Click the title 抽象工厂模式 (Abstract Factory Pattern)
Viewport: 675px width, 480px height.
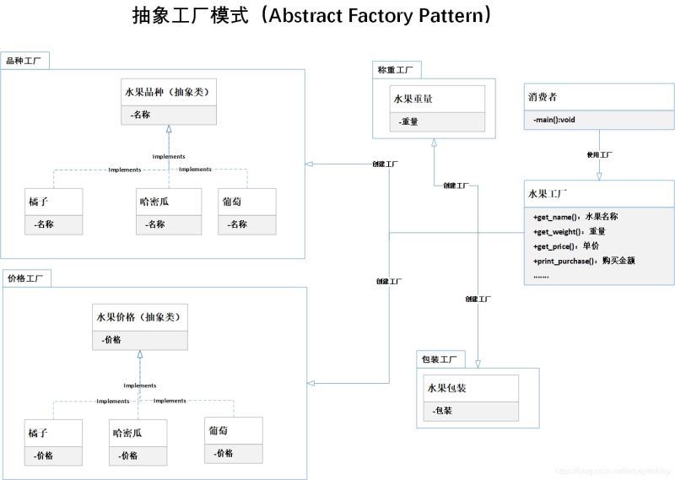tap(312, 16)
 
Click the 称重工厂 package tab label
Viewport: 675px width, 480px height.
tap(396, 69)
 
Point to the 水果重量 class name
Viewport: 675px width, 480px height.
tap(413, 99)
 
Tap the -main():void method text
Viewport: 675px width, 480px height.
tap(553, 120)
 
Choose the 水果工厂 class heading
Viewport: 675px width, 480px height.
tap(548, 193)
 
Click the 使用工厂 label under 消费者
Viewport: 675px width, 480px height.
tap(599, 155)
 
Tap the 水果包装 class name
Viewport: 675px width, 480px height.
tap(447, 388)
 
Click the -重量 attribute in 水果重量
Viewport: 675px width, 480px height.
tap(409, 121)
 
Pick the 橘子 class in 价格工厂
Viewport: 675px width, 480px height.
tap(38, 432)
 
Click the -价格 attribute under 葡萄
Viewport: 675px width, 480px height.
tap(223, 453)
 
